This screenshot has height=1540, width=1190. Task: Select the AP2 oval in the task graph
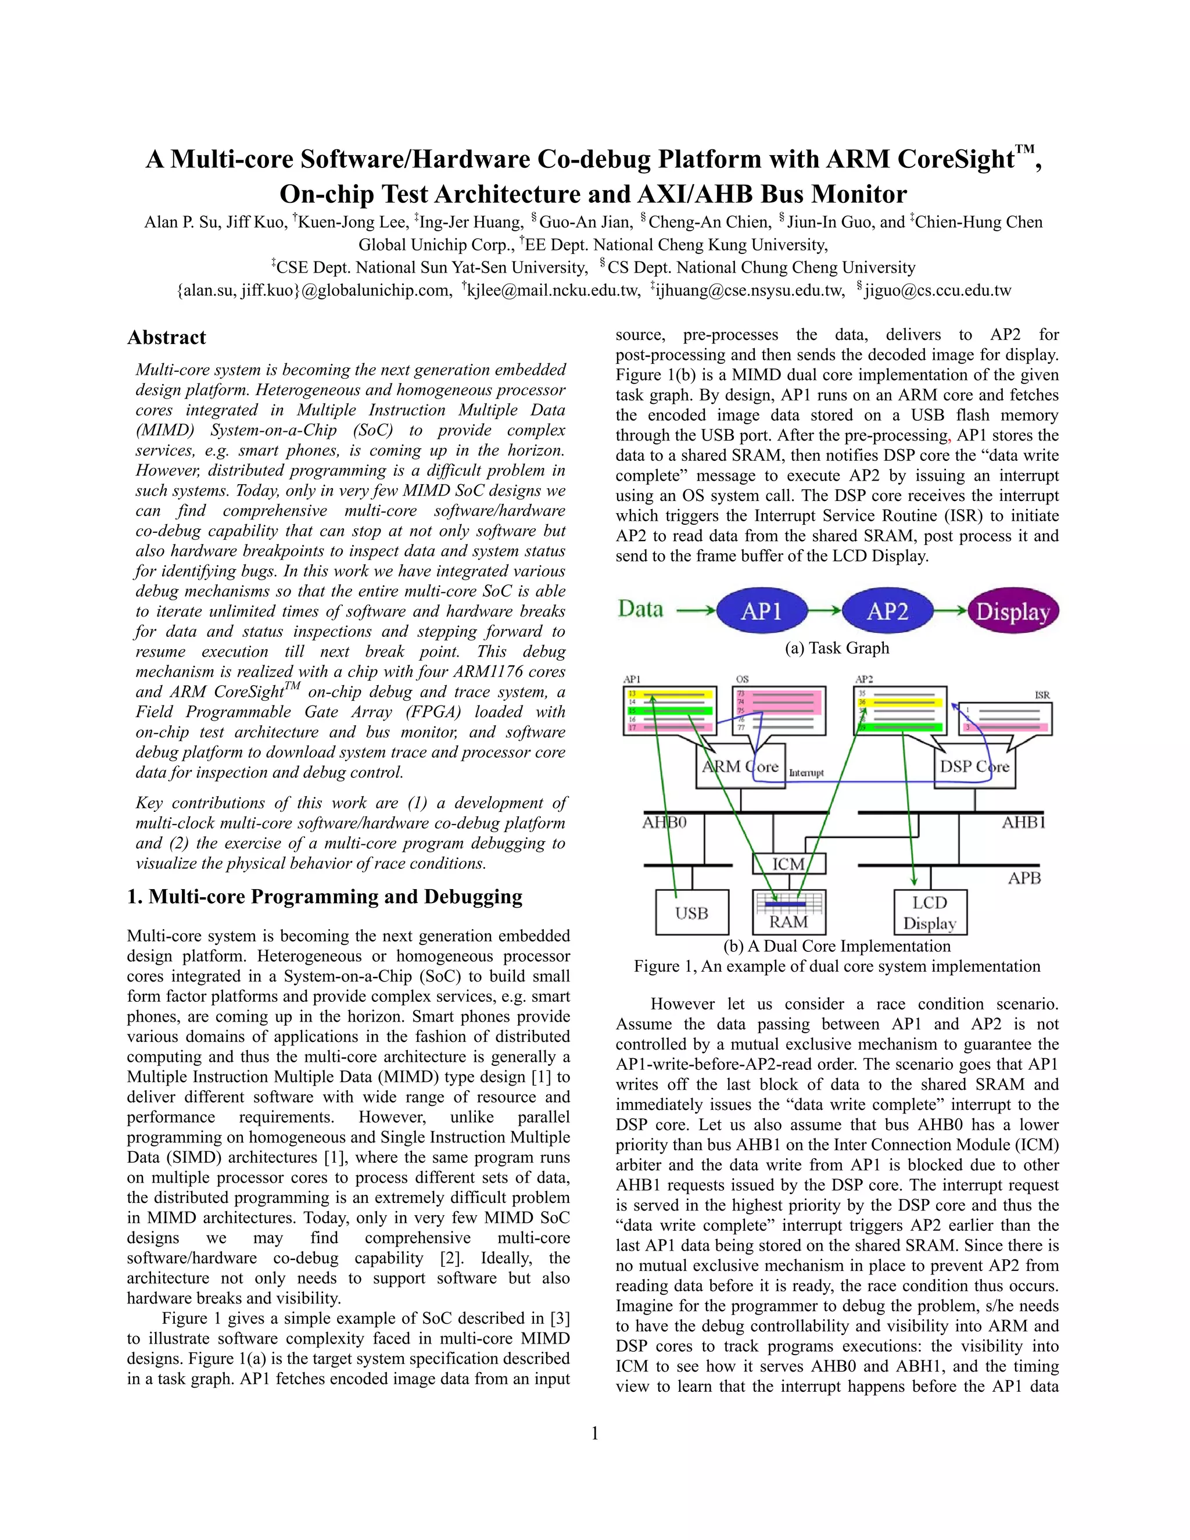click(x=887, y=611)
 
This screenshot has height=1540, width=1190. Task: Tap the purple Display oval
click(x=1013, y=611)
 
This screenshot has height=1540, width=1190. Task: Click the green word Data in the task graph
click(x=640, y=608)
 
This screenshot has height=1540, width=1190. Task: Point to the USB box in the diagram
click(x=691, y=913)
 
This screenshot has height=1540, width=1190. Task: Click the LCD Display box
click(x=930, y=912)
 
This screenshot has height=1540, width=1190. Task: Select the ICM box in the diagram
click(x=788, y=864)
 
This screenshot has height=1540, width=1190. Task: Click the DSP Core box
click(x=974, y=767)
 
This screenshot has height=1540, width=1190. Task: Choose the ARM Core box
click(x=740, y=767)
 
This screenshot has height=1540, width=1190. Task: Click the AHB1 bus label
click(x=1024, y=822)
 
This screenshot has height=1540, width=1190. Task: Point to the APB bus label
click(x=1024, y=878)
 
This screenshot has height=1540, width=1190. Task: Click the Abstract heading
click(x=166, y=338)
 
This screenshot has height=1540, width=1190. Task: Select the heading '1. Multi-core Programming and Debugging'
click(x=325, y=897)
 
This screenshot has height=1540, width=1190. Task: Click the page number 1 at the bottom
click(x=594, y=1433)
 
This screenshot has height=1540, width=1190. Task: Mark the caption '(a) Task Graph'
click(x=837, y=648)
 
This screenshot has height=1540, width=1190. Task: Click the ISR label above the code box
click(x=1042, y=695)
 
